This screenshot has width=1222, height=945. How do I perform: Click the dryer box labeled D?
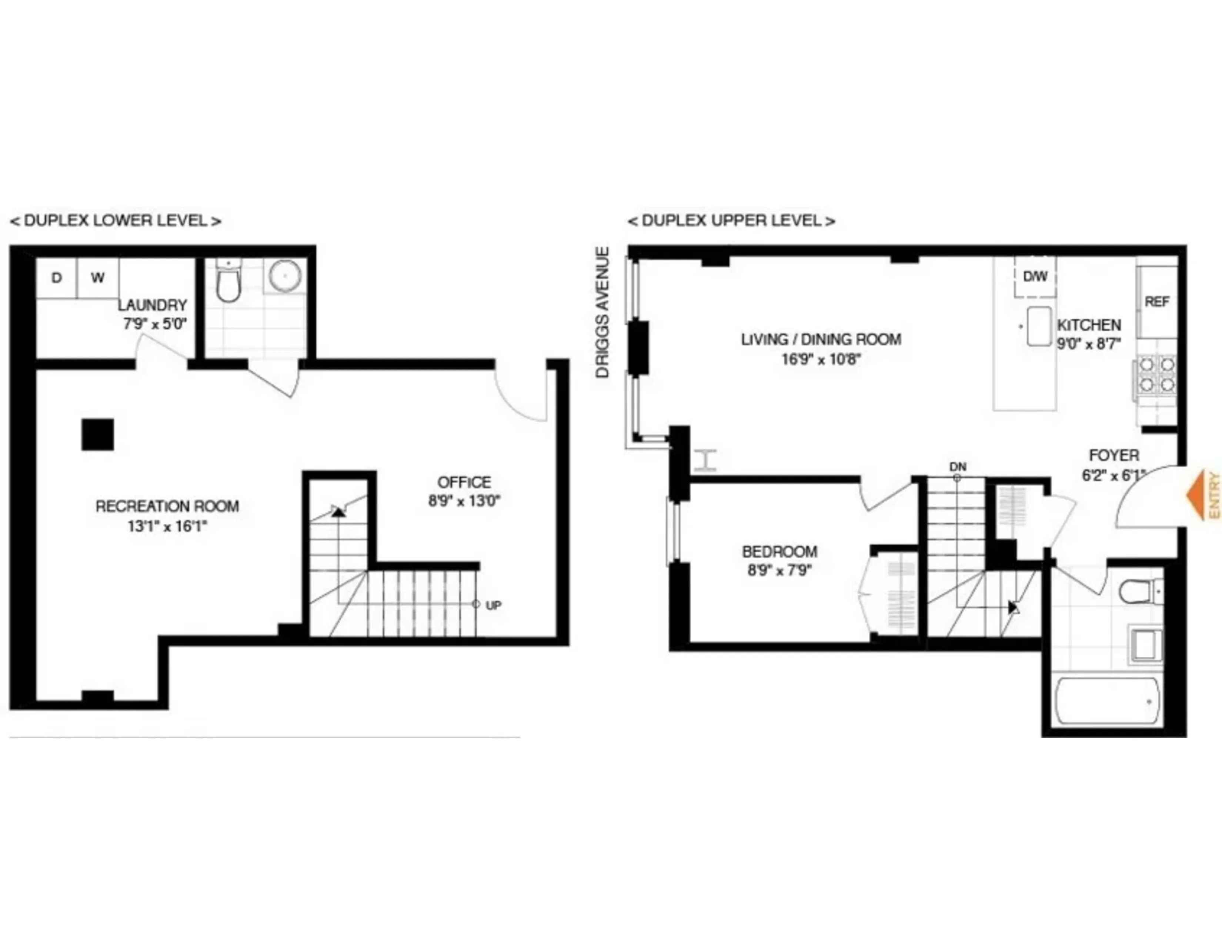pyautogui.click(x=57, y=278)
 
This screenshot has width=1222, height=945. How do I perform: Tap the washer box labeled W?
pyautogui.click(x=98, y=278)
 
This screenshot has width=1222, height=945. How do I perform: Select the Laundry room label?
pyautogui.click(x=152, y=305)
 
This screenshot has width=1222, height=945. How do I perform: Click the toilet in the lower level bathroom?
pyautogui.click(x=228, y=283)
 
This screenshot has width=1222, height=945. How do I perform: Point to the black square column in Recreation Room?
pyautogui.click(x=98, y=434)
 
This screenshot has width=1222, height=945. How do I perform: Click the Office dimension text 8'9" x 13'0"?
pyautogui.click(x=464, y=501)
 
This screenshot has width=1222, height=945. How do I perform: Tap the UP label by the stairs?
pyautogui.click(x=494, y=605)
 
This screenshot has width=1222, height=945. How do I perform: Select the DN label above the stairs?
pyautogui.click(x=957, y=466)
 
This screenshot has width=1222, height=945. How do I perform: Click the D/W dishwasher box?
pyautogui.click(x=1035, y=276)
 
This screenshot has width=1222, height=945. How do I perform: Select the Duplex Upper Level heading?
pyautogui.click(x=731, y=220)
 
